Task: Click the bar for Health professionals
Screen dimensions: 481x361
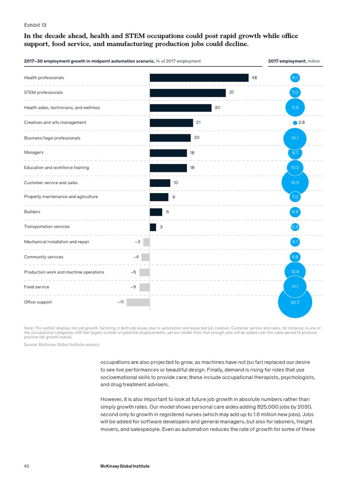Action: (199, 78)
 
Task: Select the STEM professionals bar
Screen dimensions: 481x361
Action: (188, 93)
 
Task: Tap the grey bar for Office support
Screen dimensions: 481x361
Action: (138, 302)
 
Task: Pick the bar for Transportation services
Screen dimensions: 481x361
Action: (153, 227)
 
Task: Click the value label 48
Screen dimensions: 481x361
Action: (254, 78)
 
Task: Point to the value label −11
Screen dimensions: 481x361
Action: (120, 302)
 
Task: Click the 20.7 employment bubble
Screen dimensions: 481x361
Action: (295, 302)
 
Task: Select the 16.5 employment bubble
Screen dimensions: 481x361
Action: (295, 182)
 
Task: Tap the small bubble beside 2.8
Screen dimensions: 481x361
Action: (295, 123)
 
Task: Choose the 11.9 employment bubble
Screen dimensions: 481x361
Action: (295, 108)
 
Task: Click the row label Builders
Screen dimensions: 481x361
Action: (32, 212)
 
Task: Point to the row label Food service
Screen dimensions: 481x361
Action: (36, 287)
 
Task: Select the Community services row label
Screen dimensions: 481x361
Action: (43, 257)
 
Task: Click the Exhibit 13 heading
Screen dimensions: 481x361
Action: (35, 25)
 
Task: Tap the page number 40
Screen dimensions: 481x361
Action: (27, 466)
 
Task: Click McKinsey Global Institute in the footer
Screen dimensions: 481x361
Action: (125, 466)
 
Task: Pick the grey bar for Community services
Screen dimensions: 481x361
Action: (145, 257)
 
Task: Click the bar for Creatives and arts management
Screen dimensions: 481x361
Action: (171, 123)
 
